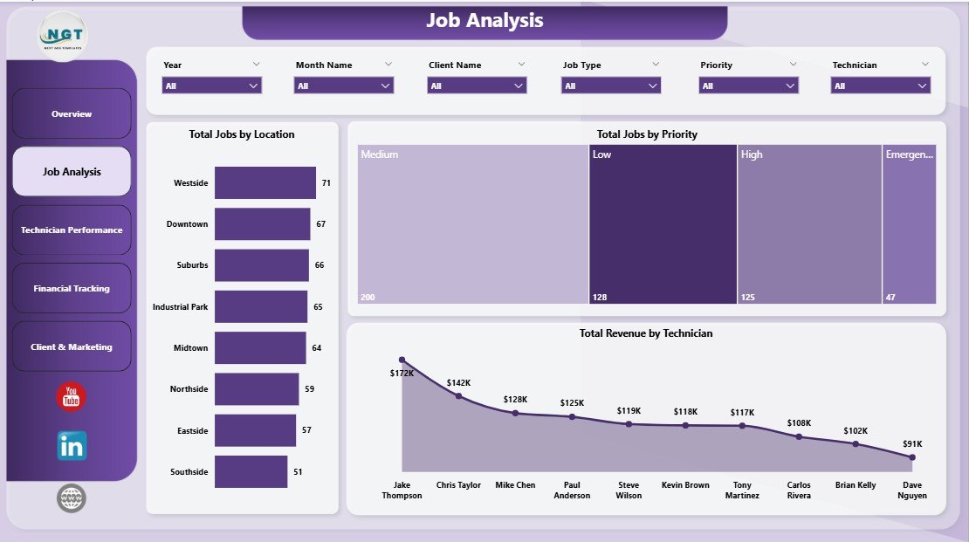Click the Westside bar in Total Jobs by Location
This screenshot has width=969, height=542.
click(x=265, y=183)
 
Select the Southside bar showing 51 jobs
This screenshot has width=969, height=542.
click(x=251, y=471)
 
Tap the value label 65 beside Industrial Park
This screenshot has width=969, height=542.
click(x=318, y=307)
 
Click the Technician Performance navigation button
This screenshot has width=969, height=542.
click(x=72, y=230)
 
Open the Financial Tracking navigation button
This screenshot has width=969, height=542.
click(x=72, y=288)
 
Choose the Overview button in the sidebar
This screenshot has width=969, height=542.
click(x=72, y=114)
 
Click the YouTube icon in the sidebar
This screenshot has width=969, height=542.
click(x=72, y=397)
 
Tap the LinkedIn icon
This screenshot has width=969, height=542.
click(x=72, y=446)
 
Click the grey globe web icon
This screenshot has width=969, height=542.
click(x=72, y=498)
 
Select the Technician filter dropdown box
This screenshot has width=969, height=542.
click(x=881, y=86)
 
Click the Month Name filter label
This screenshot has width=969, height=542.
click(x=324, y=65)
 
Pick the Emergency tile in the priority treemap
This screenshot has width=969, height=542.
click(x=909, y=223)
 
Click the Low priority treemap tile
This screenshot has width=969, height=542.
click(x=663, y=223)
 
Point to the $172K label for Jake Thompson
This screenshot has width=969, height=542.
click(x=402, y=374)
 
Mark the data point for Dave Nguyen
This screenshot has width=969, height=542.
click(x=912, y=456)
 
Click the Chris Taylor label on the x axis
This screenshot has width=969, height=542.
click(x=458, y=485)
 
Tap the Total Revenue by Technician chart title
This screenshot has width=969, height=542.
click(x=646, y=333)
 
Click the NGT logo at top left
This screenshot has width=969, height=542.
click(x=63, y=35)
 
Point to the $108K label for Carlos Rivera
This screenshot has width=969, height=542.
click(x=799, y=423)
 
